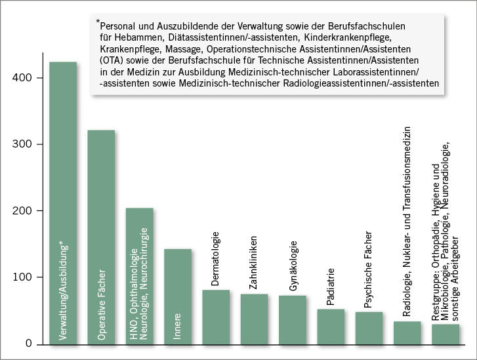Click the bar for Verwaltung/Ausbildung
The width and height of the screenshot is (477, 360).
(63, 203)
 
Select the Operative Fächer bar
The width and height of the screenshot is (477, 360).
(101, 237)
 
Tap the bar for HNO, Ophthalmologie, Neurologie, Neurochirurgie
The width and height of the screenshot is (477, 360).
(139, 275)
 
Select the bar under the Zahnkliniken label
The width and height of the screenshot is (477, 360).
(254, 319)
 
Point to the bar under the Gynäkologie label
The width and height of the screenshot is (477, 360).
(293, 319)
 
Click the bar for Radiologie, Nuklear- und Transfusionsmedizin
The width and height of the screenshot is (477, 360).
(407, 332)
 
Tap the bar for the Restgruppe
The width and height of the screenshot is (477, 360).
(446, 334)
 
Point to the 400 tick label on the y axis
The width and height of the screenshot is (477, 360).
(22, 78)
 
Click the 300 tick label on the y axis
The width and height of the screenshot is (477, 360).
(22, 144)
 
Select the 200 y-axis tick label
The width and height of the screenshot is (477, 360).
(22, 211)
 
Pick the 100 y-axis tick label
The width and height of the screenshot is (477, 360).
(22, 277)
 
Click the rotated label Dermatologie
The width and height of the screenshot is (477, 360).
(215, 258)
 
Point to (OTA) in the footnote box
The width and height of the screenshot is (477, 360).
(110, 60)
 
